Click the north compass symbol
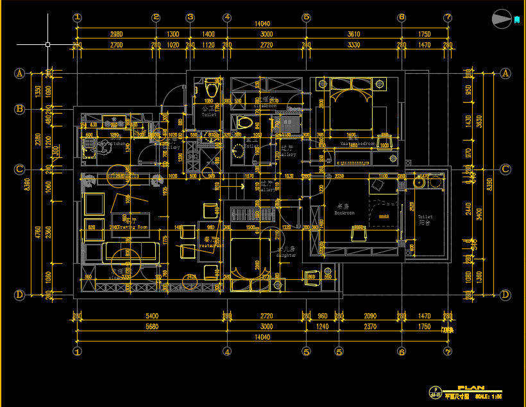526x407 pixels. coord(502,19)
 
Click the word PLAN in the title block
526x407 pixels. coord(471,388)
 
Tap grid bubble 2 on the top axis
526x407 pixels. coord(156,18)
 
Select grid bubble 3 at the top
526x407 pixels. coord(191,18)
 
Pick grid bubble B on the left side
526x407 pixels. coord(20,109)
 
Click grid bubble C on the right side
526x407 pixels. coord(505,169)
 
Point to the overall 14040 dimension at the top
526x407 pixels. coord(262,24)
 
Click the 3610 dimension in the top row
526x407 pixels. coord(353,34)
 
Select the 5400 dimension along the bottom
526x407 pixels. coord(152,316)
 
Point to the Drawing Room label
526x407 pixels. coord(133,227)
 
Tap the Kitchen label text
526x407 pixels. coord(116,144)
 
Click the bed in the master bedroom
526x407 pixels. coord(352,107)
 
